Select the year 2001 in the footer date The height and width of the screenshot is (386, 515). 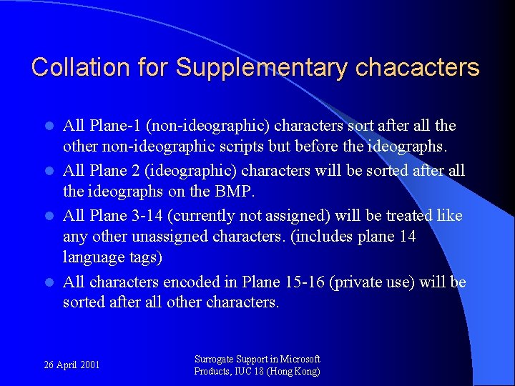coord(90,365)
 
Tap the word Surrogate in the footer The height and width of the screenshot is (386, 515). coord(217,360)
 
